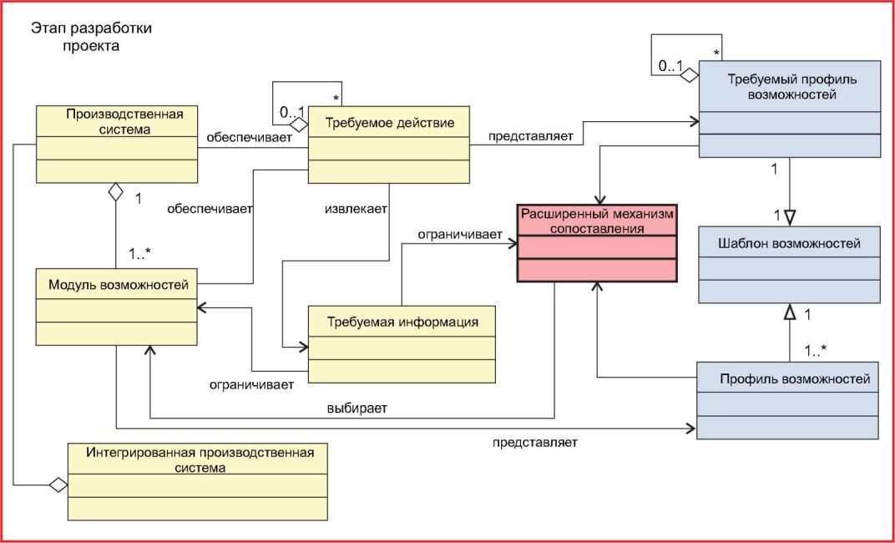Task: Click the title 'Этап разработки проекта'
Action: [91, 37]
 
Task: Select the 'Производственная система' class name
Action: [124, 121]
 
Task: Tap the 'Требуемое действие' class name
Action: [389, 123]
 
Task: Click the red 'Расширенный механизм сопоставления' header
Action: [597, 221]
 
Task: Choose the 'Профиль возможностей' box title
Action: [795, 378]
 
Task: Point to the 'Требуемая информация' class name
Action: [402, 322]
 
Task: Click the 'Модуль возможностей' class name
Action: [119, 284]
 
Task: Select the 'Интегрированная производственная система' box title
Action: [200, 459]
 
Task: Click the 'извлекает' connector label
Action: [356, 208]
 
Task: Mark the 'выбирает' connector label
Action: [356, 409]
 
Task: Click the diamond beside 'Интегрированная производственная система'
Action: [58, 485]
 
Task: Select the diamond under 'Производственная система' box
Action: [116, 192]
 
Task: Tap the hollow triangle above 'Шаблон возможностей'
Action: [790, 216]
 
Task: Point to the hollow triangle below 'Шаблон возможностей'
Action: [790, 312]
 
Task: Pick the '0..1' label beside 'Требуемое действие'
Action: [291, 114]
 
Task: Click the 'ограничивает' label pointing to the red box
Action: [460, 234]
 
